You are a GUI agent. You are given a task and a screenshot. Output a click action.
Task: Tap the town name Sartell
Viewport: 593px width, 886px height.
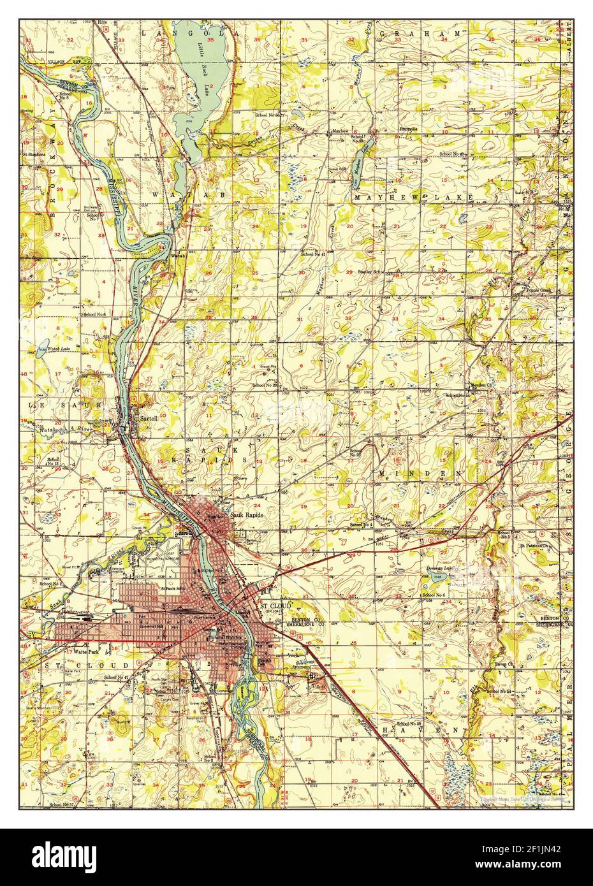[x=151, y=418]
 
